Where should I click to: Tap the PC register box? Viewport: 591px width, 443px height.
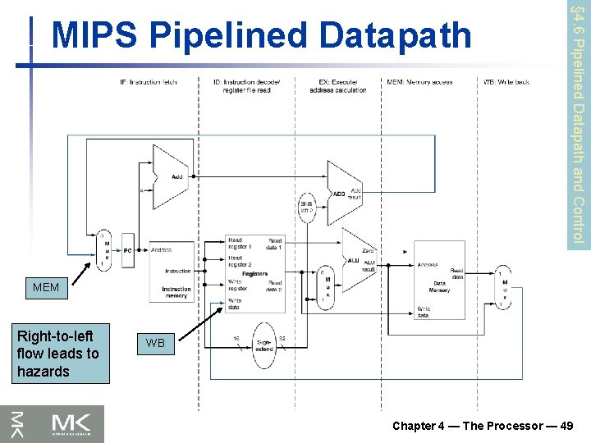[128, 250]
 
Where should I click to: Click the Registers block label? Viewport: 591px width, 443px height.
[255, 274]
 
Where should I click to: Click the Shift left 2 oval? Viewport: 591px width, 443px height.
[307, 208]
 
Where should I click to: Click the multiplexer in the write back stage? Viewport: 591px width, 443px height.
[503, 287]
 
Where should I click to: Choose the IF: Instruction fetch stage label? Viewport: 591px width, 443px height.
[149, 81]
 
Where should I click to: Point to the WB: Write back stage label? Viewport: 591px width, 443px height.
[507, 81]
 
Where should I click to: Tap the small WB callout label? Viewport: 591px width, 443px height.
[155, 343]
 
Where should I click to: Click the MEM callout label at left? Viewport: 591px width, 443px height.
[46, 288]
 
